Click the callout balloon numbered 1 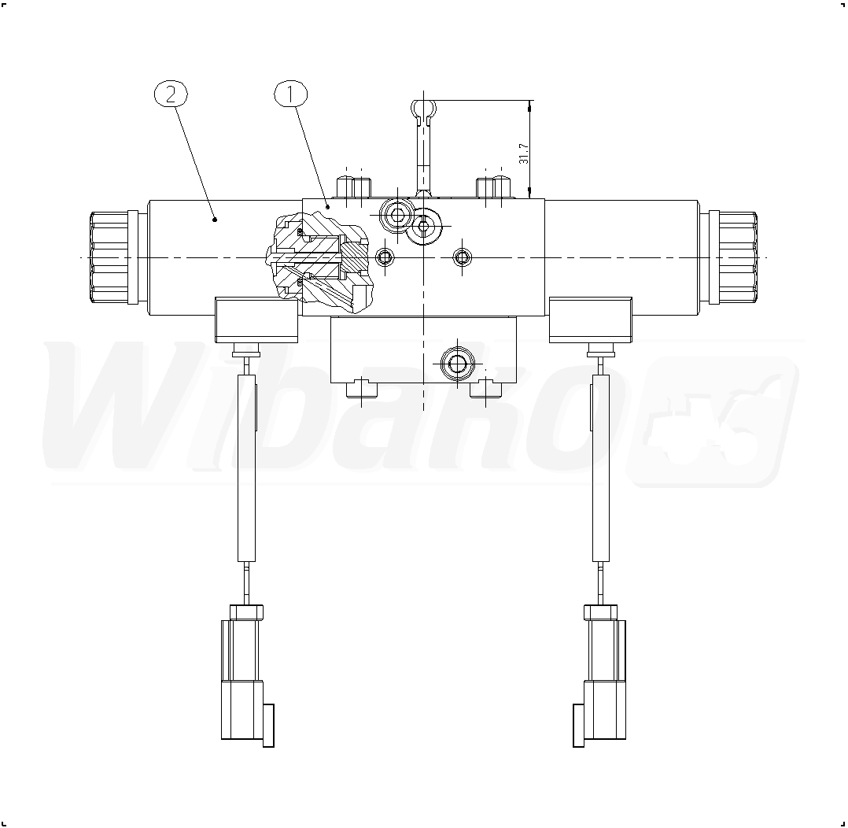(290, 94)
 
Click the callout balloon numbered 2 (171, 94)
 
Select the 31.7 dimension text (524, 153)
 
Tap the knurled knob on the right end (733, 257)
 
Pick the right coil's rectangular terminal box (590, 320)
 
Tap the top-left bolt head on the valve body (353, 188)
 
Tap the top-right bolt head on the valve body (494, 188)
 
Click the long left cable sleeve (247, 468)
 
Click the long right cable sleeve (601, 468)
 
